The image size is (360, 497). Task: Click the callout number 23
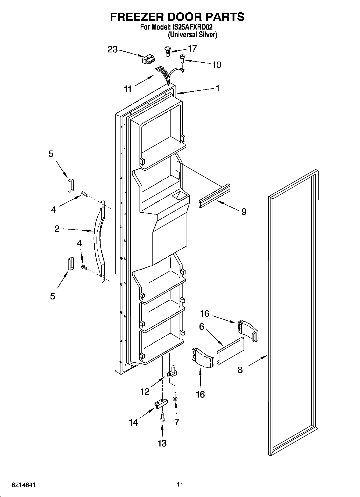112,49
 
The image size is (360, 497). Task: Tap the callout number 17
192,48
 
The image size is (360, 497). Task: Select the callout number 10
216,65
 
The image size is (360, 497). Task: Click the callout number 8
240,370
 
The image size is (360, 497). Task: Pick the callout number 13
162,443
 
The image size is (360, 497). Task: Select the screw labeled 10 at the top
182,58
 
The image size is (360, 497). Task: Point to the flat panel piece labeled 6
230,351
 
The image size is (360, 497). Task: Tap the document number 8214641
24,485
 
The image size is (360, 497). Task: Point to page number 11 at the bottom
180,484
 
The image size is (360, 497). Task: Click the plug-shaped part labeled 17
167,51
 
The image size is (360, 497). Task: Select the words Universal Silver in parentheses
192,35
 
